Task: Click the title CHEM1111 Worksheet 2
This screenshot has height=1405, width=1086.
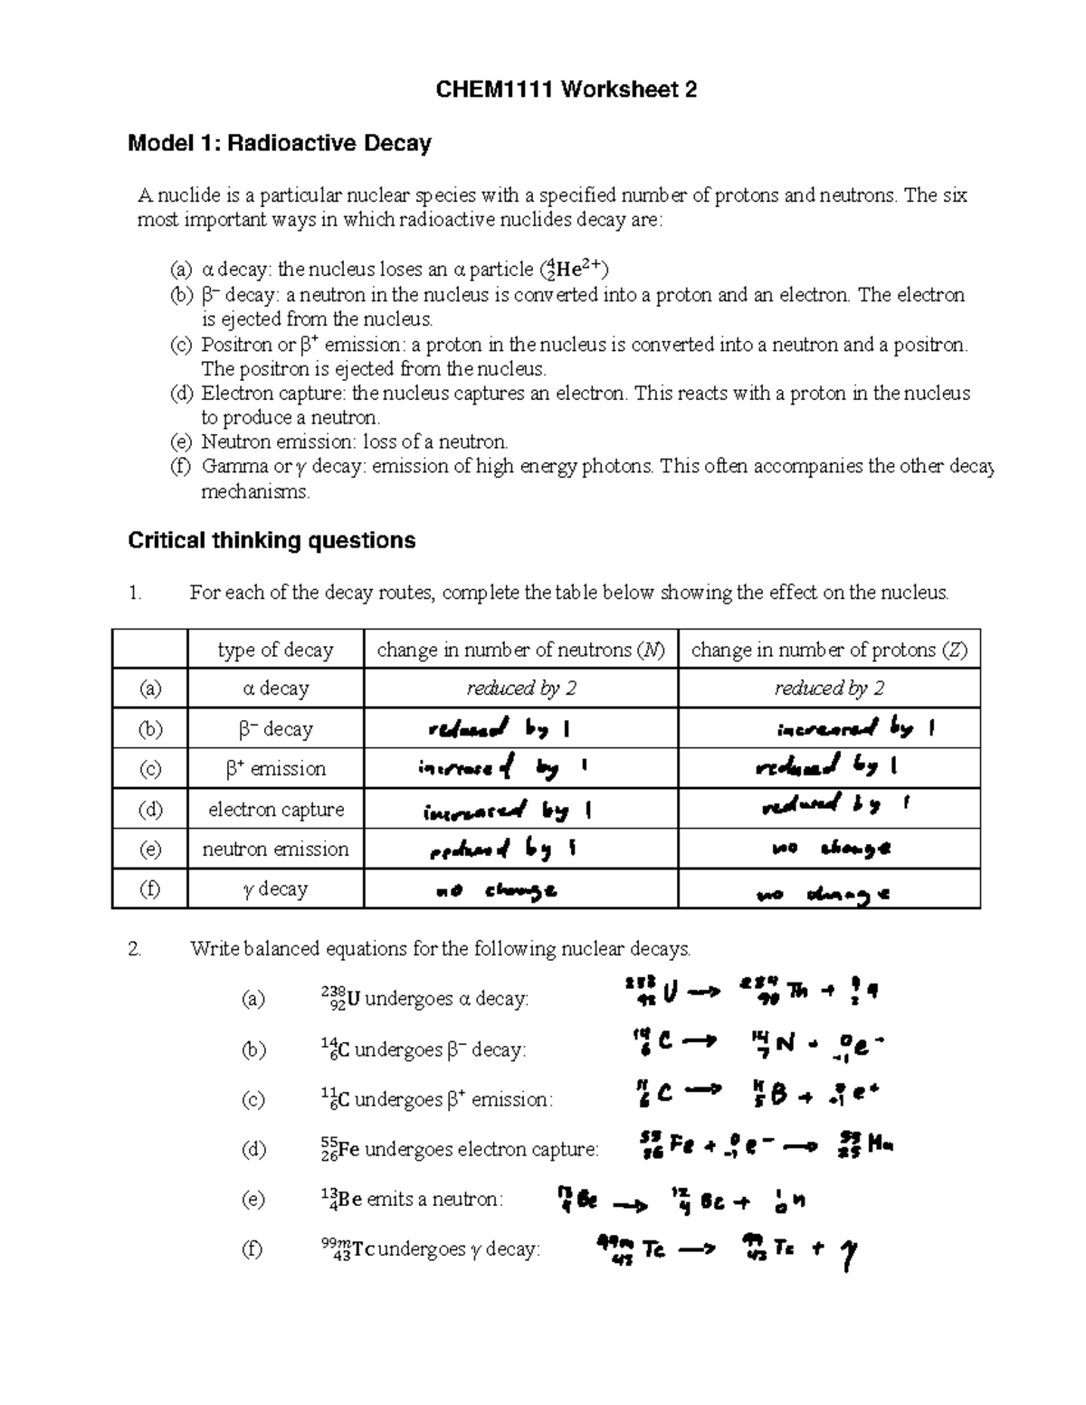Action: point(567,90)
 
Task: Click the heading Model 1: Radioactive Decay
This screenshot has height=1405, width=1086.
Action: point(280,143)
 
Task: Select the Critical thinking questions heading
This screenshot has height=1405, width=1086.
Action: point(271,540)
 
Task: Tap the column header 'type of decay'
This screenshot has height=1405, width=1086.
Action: point(275,650)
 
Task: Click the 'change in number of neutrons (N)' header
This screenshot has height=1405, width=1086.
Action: point(520,650)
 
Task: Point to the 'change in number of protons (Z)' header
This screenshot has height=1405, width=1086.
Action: point(829,650)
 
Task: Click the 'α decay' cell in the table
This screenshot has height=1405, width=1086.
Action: point(275,688)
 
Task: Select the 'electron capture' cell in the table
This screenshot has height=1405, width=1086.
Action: point(275,809)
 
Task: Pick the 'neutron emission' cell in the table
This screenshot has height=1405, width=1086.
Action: point(275,849)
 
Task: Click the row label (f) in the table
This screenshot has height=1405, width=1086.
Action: point(149,888)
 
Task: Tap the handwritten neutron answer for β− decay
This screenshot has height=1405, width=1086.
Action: point(499,728)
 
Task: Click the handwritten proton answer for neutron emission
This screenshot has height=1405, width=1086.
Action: point(831,849)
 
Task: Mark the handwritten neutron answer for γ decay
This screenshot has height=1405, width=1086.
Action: point(496,891)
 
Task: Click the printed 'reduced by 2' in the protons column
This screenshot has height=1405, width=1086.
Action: point(829,688)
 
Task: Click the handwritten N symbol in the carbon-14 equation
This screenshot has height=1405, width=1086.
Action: point(784,1043)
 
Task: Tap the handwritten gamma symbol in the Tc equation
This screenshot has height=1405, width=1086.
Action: point(848,1255)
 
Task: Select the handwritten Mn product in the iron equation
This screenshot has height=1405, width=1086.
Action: point(880,1145)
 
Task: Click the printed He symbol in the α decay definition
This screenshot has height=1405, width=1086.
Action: point(570,270)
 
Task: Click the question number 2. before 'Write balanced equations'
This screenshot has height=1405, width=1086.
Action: point(135,949)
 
